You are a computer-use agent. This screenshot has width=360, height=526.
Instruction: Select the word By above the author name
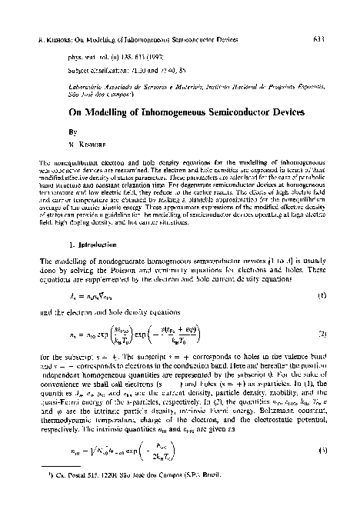click(50, 131)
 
